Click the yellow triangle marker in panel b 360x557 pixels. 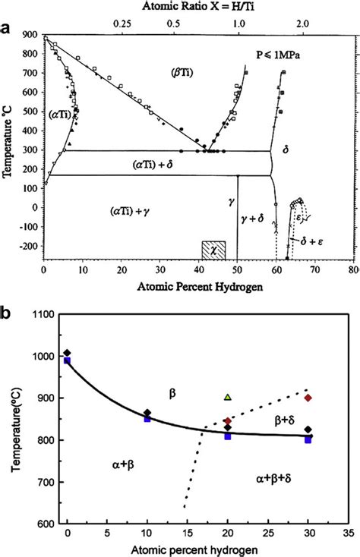pyautogui.click(x=228, y=396)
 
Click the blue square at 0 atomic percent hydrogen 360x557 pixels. pyautogui.click(x=68, y=360)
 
